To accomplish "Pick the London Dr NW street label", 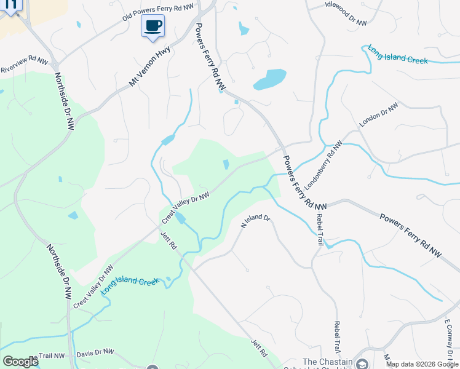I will coord(379,114).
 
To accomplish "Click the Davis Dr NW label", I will coord(95,353).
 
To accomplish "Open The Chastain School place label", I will coord(326,362).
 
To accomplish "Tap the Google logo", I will coord(20,362).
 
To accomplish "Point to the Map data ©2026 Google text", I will coord(422,364).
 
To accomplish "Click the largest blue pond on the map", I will coord(269,79).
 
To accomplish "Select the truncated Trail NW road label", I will coord(50,355).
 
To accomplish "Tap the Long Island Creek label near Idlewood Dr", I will coord(397,54).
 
